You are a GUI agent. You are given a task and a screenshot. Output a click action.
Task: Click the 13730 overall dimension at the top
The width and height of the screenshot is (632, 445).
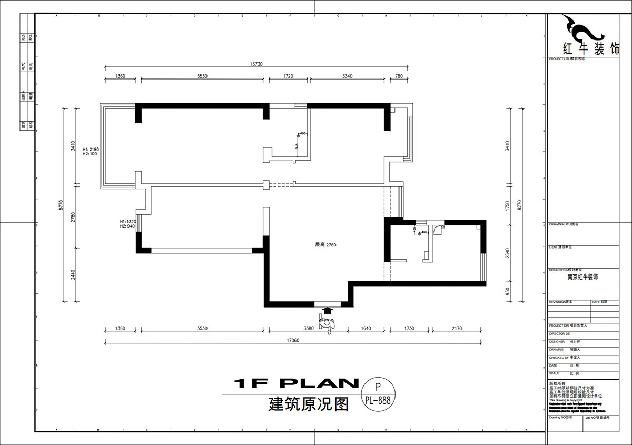click(x=256, y=64)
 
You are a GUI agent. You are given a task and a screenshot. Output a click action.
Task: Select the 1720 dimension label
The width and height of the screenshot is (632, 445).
click(x=288, y=76)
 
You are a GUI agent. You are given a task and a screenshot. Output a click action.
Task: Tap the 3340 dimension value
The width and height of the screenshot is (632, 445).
click(x=347, y=76)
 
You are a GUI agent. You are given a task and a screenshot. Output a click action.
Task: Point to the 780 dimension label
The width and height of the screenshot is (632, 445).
click(x=399, y=76)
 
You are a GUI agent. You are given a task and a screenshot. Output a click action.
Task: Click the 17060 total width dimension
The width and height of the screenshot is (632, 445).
click(x=293, y=340)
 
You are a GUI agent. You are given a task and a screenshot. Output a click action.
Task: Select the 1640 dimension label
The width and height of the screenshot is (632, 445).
click(x=366, y=328)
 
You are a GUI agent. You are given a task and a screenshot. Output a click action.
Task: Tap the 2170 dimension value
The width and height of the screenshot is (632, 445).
click(x=456, y=328)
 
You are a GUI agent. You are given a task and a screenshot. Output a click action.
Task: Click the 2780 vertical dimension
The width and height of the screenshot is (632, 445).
click(x=73, y=216)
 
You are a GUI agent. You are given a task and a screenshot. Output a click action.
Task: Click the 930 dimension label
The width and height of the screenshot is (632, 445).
click(x=507, y=291)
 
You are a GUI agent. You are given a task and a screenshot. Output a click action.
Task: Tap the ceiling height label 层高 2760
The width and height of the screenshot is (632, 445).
click(x=325, y=245)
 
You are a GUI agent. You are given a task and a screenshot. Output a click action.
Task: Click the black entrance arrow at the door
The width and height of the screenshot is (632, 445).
click(x=327, y=311)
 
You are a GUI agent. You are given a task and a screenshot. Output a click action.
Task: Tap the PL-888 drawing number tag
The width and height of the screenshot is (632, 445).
click(x=377, y=400)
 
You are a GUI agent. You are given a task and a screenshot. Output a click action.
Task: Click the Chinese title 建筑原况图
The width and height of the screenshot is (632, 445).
click(x=309, y=404)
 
